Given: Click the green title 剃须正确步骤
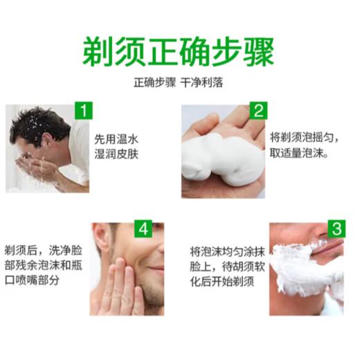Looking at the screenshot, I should click(179, 51).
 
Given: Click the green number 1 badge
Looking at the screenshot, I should click(83, 111).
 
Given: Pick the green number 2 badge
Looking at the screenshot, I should click(258, 111).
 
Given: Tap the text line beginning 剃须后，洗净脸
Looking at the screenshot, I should click(44, 248).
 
